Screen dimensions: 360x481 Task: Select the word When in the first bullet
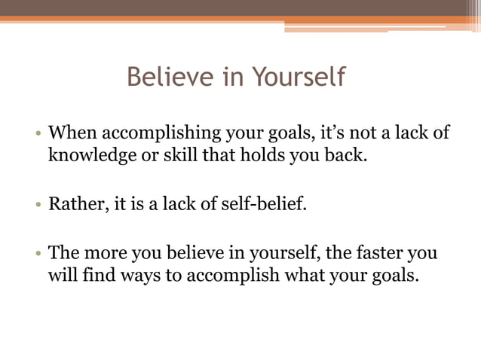(x=73, y=134)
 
